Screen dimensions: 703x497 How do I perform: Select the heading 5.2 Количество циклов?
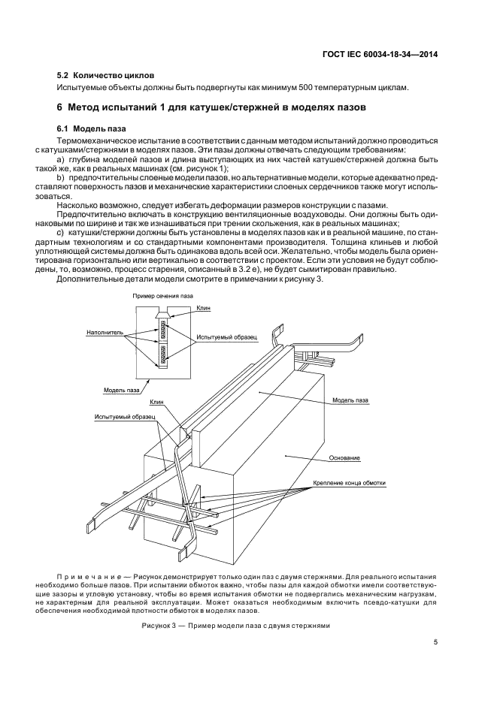(105, 76)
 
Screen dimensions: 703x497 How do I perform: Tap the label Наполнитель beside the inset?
(99, 331)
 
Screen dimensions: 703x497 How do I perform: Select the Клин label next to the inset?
(204, 308)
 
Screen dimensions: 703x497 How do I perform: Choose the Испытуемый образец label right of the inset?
(226, 336)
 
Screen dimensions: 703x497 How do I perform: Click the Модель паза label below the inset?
(122, 390)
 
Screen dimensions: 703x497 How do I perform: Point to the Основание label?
(344, 457)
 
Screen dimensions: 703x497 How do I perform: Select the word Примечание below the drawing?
(88, 575)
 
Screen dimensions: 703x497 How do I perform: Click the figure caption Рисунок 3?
(235, 626)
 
